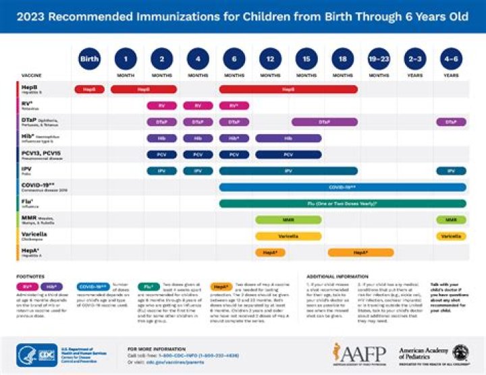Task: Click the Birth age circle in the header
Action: point(89,59)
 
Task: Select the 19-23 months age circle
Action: point(379,59)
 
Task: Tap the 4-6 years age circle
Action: point(451,59)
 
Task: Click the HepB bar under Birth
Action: point(89,89)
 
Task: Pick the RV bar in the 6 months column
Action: point(234,106)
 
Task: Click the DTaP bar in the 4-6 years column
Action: point(451,122)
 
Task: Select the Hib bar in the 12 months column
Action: point(288,138)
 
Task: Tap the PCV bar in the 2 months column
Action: point(161,154)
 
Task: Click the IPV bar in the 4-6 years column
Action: point(451,171)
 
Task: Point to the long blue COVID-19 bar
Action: point(342,187)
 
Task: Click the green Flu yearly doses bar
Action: point(342,204)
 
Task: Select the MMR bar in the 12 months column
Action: point(288,220)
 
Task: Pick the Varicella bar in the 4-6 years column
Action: point(451,236)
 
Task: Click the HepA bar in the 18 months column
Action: point(360,252)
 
